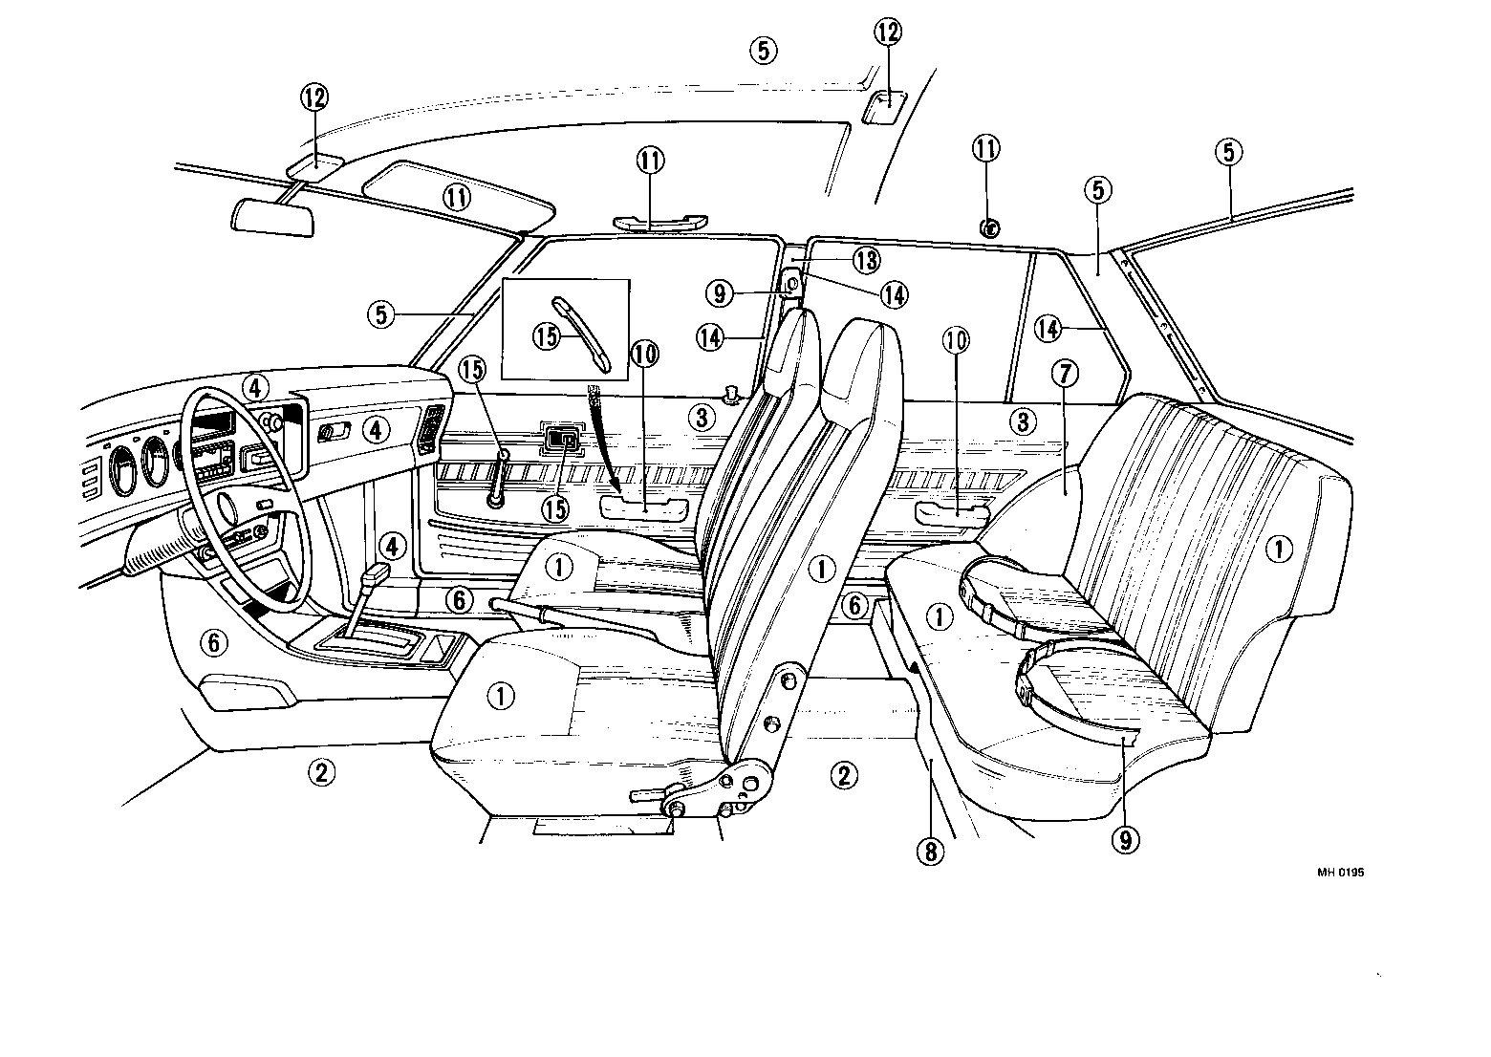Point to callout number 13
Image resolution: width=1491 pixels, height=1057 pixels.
tap(866, 259)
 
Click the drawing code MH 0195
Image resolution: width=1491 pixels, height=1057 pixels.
tap(1336, 872)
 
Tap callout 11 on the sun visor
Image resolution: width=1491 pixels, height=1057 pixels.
tap(458, 198)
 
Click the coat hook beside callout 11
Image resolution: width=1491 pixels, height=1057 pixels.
tap(990, 228)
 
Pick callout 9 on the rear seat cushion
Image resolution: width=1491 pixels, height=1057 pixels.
tap(1125, 839)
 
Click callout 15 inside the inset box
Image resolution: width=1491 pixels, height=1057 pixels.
tap(547, 335)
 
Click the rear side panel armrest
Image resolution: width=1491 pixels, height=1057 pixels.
tap(952, 514)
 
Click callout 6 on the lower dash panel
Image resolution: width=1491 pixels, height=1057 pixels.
tap(214, 643)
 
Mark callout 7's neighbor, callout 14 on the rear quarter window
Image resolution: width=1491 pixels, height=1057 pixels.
tap(1049, 329)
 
